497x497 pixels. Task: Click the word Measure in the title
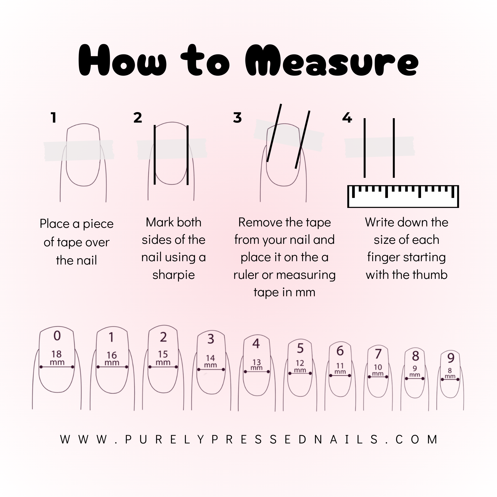point(332,61)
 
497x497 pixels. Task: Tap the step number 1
point(54,118)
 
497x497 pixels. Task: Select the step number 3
point(237,118)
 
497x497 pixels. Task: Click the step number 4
point(347,118)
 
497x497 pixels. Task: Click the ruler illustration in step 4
point(403,196)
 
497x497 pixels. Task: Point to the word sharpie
point(173,275)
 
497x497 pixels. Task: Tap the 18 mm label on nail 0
point(57,358)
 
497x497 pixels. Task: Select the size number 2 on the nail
point(163,337)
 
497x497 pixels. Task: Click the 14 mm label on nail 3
point(210,361)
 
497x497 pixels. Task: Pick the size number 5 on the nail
point(300,348)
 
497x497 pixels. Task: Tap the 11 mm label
point(340,368)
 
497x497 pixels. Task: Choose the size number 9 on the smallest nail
point(451,358)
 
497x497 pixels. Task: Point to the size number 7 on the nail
point(378,354)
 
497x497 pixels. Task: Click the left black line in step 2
point(155,155)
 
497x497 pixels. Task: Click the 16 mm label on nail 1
point(112,358)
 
